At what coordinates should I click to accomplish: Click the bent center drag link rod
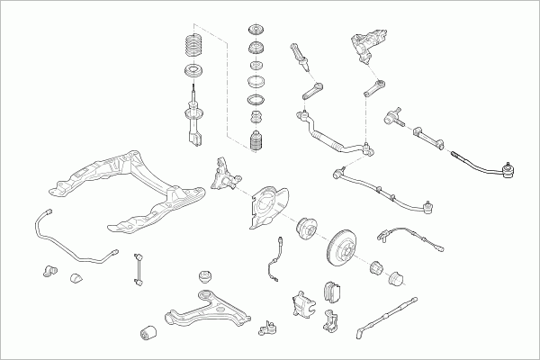(x=333, y=135)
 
